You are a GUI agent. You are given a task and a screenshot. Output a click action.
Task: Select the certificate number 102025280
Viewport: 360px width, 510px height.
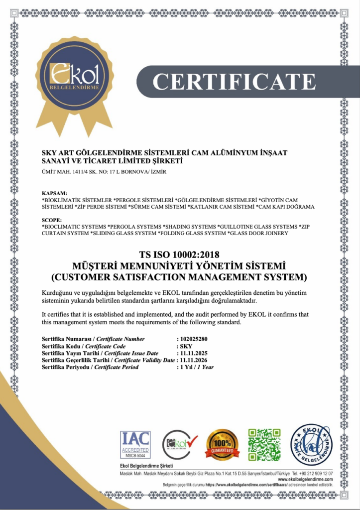coord(196,339)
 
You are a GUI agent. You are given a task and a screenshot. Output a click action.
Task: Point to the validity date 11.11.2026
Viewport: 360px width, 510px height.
coord(194,360)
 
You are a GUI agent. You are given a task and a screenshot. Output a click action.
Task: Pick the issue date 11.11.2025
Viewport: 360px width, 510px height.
coord(194,353)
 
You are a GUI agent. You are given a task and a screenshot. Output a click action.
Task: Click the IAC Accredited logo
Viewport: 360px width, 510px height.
coord(135,444)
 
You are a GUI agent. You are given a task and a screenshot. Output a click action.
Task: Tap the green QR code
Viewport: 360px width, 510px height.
coord(264,444)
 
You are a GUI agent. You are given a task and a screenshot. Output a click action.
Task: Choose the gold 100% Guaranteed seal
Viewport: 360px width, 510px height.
coord(223,445)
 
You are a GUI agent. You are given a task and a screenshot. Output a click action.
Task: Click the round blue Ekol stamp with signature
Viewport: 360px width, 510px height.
coord(311,445)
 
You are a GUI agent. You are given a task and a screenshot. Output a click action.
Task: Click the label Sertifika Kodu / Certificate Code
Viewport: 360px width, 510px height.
coord(84,346)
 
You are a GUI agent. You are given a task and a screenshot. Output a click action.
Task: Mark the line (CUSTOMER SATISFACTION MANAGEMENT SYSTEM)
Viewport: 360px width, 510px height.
coord(179,276)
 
